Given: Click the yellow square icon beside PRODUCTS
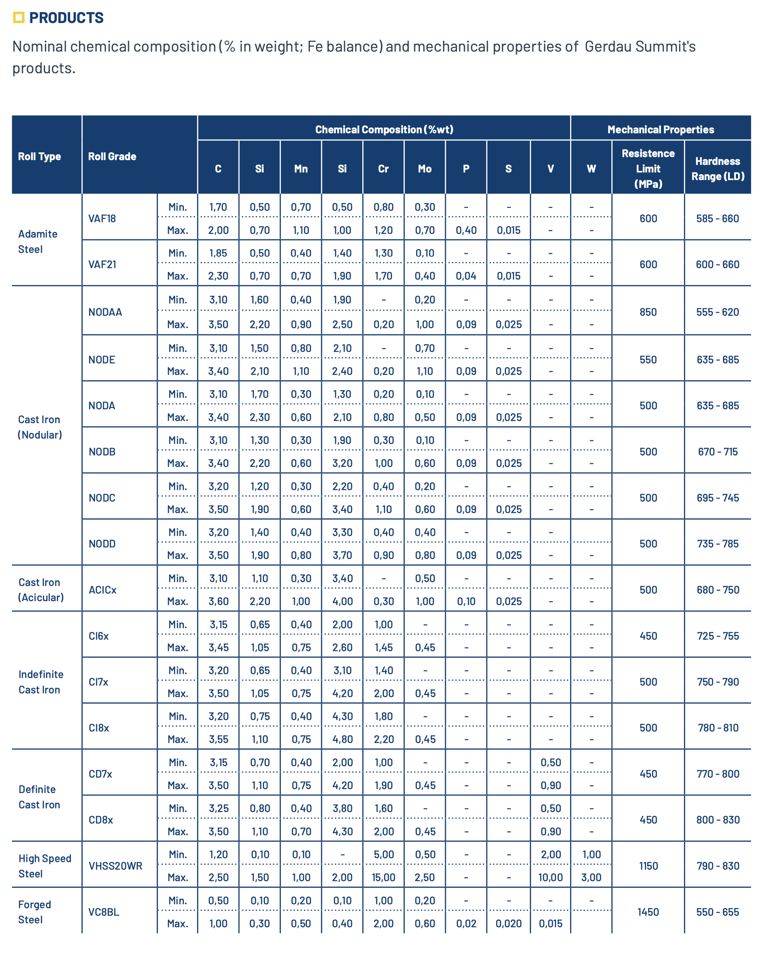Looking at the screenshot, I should tap(18, 18).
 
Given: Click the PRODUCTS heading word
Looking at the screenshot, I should tap(66, 18).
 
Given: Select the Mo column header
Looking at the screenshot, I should tap(425, 169).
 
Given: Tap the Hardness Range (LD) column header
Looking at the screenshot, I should tap(717, 169).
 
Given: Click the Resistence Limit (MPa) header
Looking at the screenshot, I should tap(648, 168).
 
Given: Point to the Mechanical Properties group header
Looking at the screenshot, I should tap(660, 129).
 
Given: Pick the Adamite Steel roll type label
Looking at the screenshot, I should tap(37, 242).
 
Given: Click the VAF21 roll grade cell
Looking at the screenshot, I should tap(102, 265).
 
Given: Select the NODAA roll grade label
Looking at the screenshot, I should tap(105, 312).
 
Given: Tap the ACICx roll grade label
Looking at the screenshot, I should tap(103, 590).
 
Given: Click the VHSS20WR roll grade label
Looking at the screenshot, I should tap(116, 866).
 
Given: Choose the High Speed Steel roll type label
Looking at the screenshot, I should tap(45, 866).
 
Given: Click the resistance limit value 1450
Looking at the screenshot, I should tap(648, 912).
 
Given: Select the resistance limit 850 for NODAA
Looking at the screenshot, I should tap(648, 312).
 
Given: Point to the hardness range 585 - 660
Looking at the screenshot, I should tap(717, 219).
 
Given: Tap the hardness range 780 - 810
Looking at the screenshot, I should tap(718, 728).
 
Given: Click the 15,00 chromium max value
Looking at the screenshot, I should tap(383, 877).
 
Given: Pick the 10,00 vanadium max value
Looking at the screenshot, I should tap(550, 877).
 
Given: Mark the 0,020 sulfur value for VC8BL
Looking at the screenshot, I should tap(508, 923).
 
